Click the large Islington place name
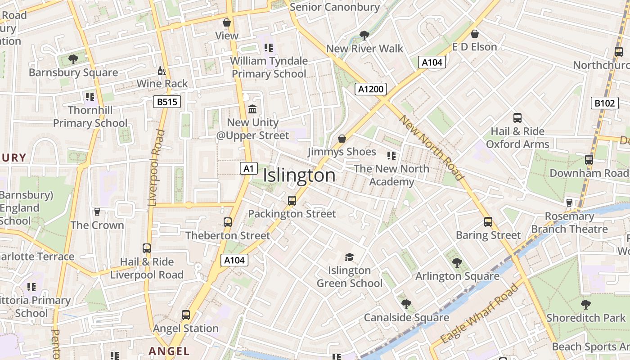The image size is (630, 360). pos(299,175)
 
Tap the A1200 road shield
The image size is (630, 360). pos(370,89)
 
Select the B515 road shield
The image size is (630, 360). pos(166,102)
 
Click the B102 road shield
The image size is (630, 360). pos(604,103)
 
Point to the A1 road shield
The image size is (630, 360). pos(248,169)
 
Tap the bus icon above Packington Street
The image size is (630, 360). pos(292,201)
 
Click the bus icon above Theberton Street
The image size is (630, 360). pos(228,222)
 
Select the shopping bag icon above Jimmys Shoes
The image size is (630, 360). pos(342,139)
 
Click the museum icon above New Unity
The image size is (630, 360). pos(252,109)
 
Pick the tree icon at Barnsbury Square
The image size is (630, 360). pos(73,59)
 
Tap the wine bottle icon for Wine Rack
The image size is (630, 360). pos(162,71)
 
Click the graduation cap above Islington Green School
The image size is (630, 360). pos(349,257)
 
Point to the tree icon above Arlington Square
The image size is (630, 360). pos(457,263)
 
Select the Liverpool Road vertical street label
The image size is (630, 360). pos(156,168)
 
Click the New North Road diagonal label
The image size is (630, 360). pos(431,148)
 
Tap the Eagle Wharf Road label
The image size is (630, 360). pos(480,314)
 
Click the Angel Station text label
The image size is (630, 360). pos(186,328)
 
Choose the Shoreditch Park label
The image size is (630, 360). pos(585,318)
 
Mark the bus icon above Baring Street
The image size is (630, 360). pos(488,222)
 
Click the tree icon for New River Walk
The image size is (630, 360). pos(364,35)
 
